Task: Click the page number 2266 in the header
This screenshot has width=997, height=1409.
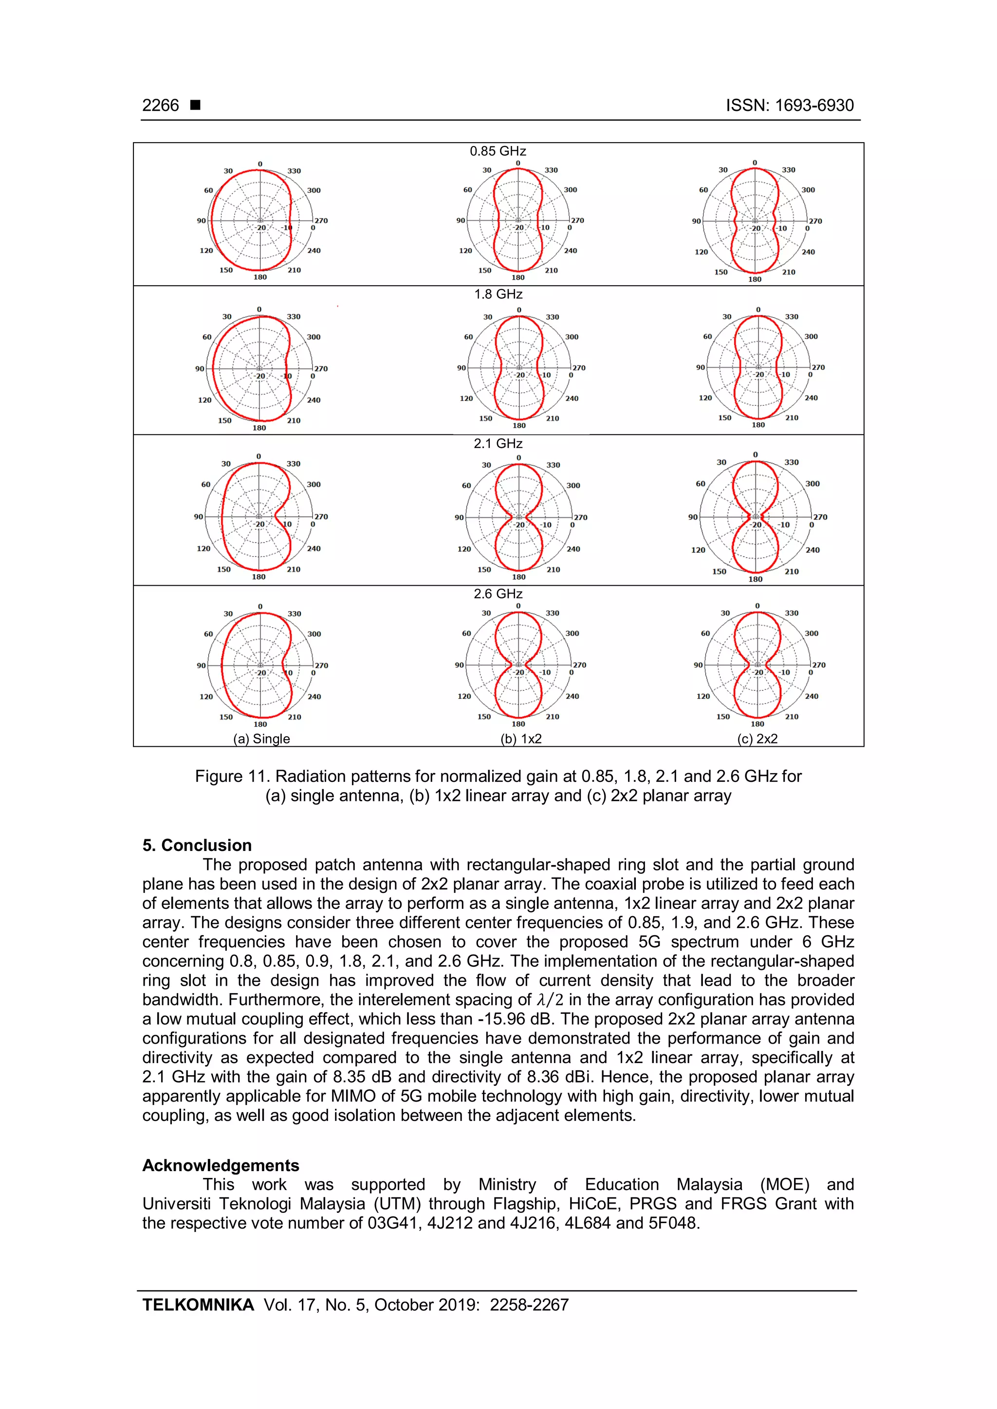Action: (x=160, y=106)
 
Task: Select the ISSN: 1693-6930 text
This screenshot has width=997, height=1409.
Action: (x=790, y=106)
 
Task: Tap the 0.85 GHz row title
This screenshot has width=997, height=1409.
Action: (x=498, y=151)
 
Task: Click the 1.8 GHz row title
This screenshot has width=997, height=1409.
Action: (x=498, y=294)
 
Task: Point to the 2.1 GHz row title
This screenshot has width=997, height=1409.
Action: (x=498, y=443)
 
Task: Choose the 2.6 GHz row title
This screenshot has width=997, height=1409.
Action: (x=498, y=594)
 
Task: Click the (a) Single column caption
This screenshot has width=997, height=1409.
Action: (x=261, y=739)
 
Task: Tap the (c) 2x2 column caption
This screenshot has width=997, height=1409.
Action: (x=757, y=739)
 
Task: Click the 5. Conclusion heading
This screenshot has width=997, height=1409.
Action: (x=197, y=845)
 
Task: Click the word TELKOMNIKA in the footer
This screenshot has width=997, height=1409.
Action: (x=198, y=1305)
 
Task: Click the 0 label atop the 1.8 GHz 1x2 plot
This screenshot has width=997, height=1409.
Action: (x=519, y=310)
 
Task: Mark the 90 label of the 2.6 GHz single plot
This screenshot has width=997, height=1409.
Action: (x=201, y=665)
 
